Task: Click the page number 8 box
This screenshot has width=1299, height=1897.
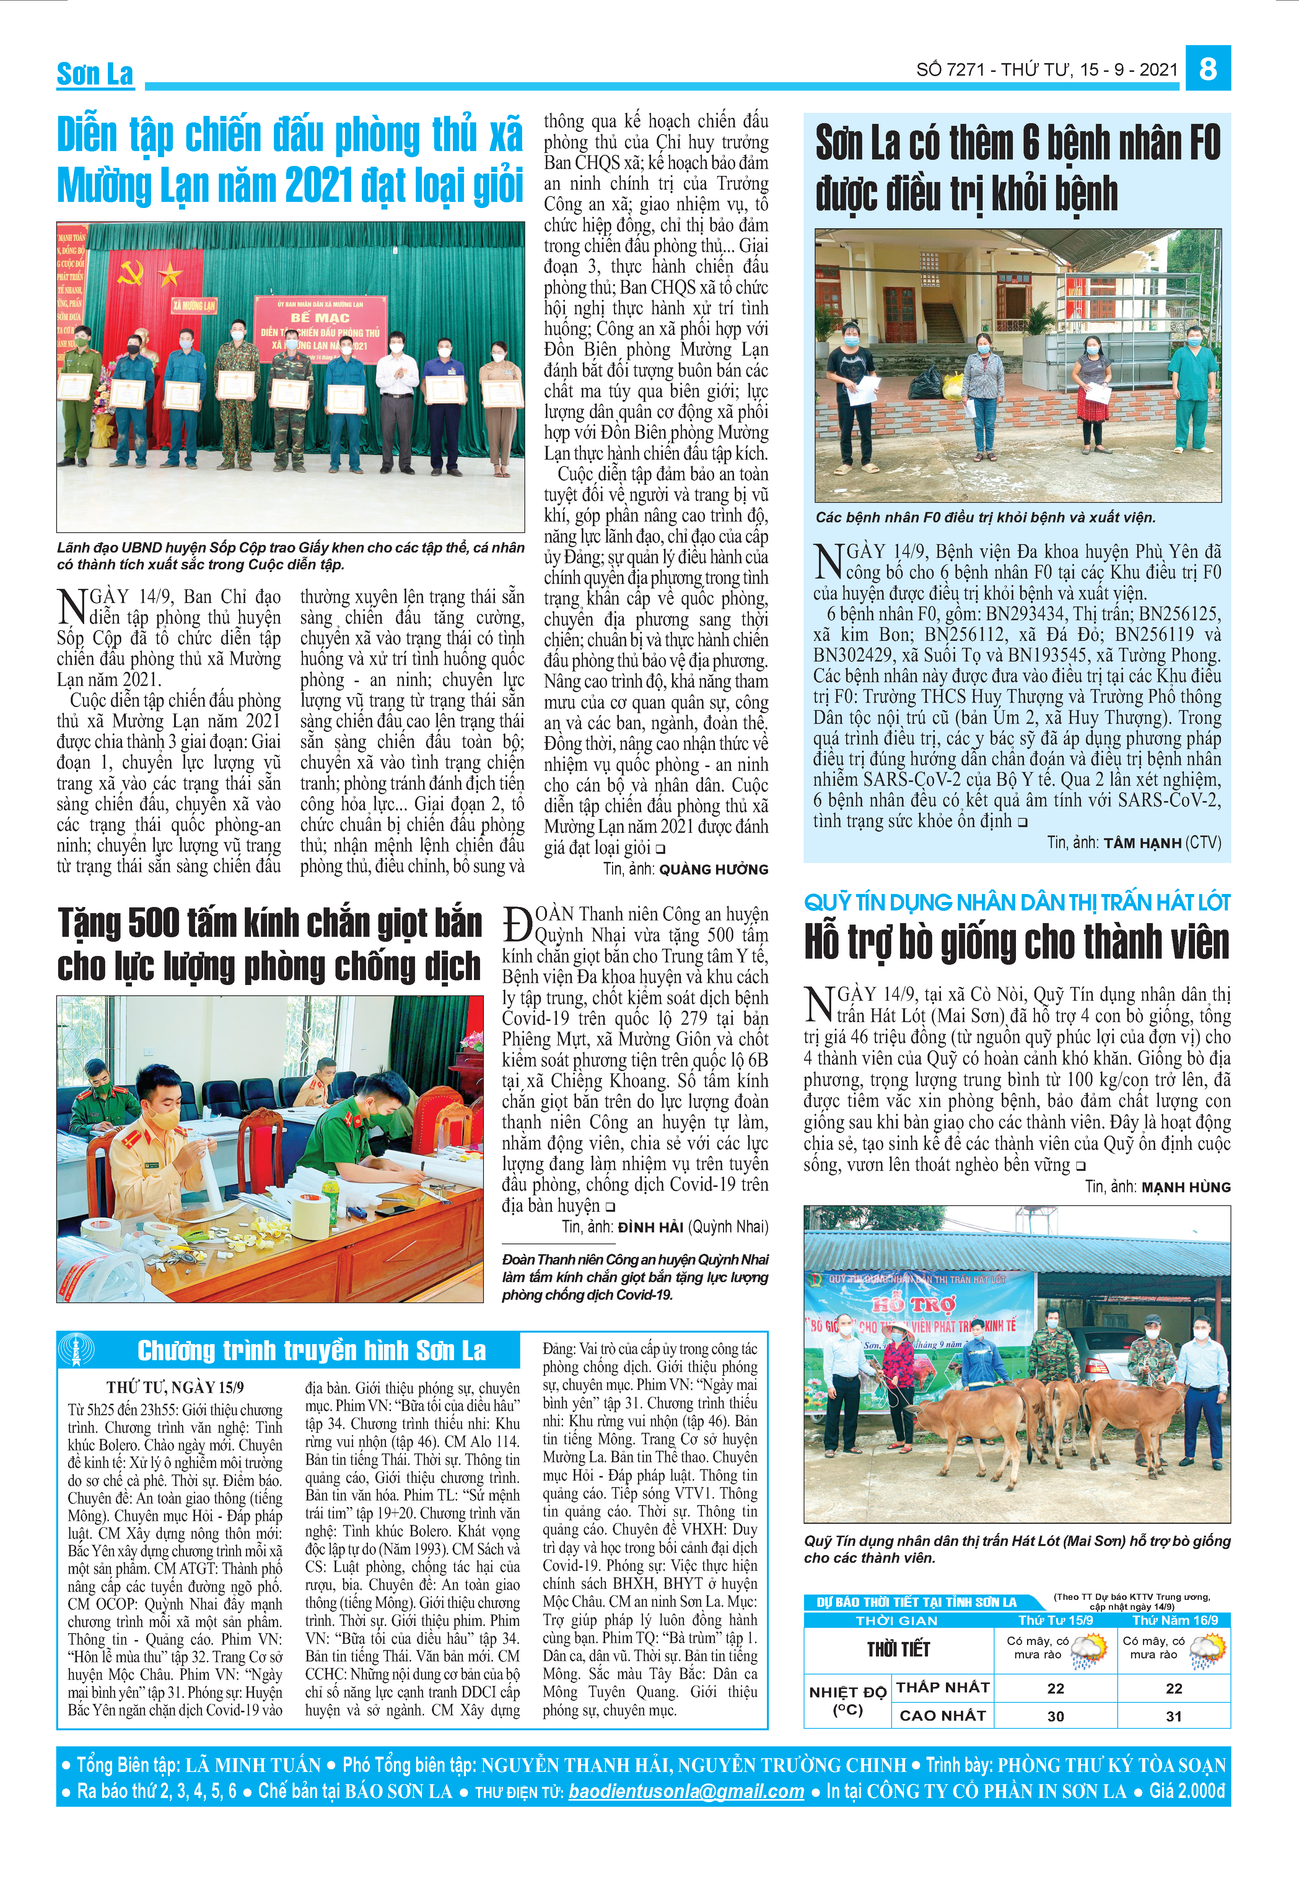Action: (x=1208, y=68)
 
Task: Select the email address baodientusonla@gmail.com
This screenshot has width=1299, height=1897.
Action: (x=687, y=1791)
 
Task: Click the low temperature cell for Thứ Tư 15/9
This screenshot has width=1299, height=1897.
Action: (x=1056, y=1688)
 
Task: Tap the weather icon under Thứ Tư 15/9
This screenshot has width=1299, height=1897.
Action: (x=1089, y=1649)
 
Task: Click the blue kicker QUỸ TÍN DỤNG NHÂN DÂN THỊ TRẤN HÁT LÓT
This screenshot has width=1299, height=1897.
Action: (x=1016, y=903)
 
